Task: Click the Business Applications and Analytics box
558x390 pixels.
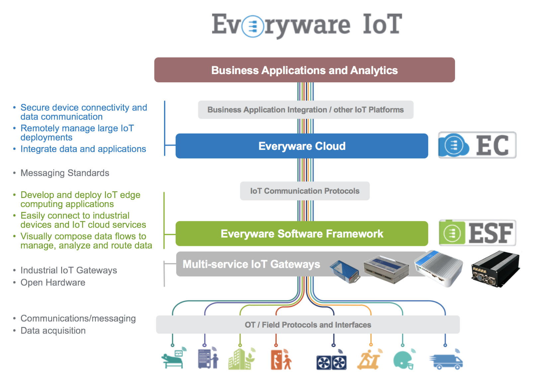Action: [304, 70]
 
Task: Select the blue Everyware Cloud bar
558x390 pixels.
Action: [302, 146]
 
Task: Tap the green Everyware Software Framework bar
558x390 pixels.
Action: [302, 234]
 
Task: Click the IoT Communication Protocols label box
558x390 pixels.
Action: [305, 191]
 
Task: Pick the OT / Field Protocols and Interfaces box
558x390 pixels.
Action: [308, 325]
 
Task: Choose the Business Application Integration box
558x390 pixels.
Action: [306, 110]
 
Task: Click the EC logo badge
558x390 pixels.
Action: [477, 145]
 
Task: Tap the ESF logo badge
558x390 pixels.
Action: [477, 233]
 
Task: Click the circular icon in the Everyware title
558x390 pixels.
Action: [253, 26]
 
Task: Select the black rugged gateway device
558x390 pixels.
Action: [495, 269]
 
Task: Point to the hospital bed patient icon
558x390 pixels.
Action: [174, 359]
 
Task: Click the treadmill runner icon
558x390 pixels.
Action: [369, 359]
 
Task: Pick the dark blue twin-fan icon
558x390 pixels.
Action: [331, 361]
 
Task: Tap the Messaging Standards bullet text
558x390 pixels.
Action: [65, 173]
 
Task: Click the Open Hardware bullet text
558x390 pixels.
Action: [53, 283]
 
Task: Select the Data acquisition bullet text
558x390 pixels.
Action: [53, 331]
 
